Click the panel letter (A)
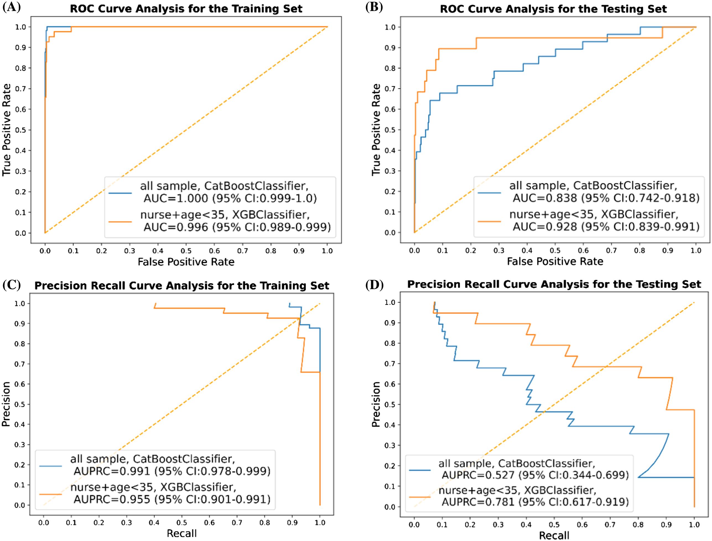coord(12,7)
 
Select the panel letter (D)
coord(374,285)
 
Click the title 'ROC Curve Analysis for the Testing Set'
coord(553,9)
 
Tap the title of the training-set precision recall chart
coord(182,286)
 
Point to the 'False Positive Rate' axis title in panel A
coord(186,262)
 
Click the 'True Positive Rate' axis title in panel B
coord(376,130)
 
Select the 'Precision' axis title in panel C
coord(6,404)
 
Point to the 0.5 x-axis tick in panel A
coord(186,251)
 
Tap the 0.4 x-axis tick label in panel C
coord(154,522)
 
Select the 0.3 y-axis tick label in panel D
coord(391,445)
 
